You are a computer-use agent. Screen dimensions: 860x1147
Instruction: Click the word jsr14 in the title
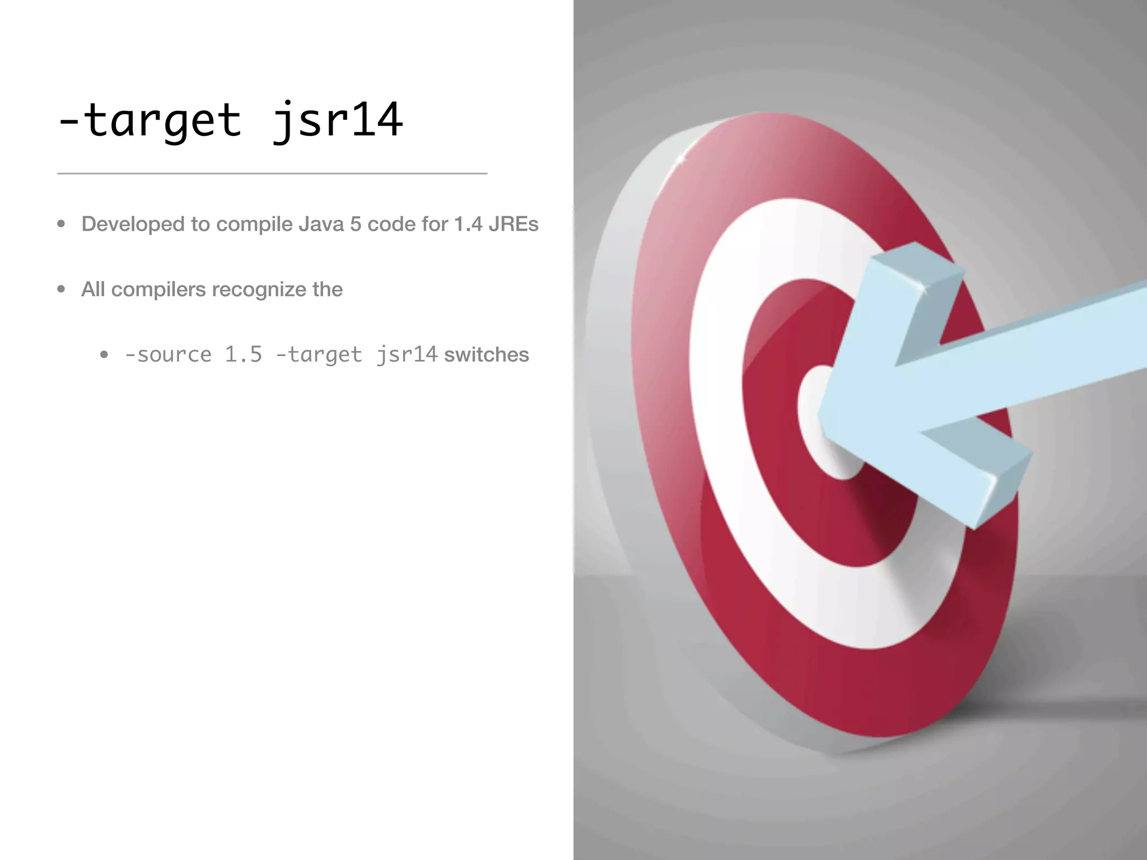[x=337, y=120]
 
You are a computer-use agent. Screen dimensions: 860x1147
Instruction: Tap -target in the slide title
[x=150, y=120]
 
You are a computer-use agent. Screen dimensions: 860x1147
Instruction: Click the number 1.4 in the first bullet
[x=468, y=224]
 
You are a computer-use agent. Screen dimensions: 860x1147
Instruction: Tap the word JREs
[x=514, y=224]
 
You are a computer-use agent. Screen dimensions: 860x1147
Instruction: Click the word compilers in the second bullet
[x=158, y=289]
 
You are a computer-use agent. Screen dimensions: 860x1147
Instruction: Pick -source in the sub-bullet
[x=168, y=354]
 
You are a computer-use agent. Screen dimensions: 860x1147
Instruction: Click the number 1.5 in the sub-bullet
[x=244, y=354]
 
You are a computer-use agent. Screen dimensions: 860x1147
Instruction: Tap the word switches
[x=486, y=354]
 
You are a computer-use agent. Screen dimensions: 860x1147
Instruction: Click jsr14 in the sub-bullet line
[x=407, y=354]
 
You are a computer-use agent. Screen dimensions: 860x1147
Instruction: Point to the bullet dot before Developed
[x=62, y=224]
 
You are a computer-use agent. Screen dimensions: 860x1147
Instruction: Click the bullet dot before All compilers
[x=62, y=289]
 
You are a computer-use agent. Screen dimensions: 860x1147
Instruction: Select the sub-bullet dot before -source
[x=104, y=354]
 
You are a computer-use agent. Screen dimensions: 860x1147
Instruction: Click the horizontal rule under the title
[x=272, y=174]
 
